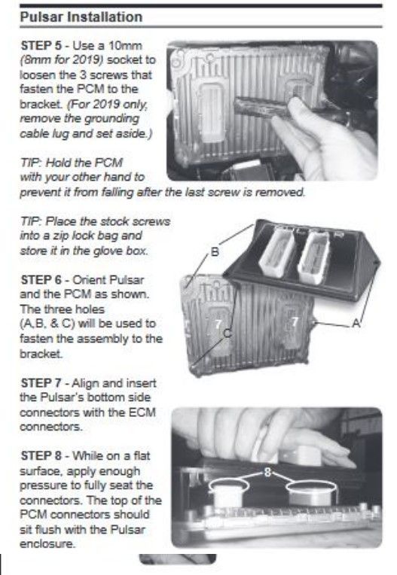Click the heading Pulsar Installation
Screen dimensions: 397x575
point(81,17)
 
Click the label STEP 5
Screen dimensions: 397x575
point(41,46)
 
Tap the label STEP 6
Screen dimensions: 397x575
point(41,280)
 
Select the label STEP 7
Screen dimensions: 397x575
point(41,383)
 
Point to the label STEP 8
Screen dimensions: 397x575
point(41,456)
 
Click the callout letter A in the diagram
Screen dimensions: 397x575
point(356,323)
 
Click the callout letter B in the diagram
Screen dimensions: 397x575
point(215,252)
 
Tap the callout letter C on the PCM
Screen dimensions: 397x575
point(228,333)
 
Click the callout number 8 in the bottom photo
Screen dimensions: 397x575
point(268,473)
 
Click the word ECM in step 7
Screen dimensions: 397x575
point(142,412)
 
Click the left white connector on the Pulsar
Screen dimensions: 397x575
point(276,252)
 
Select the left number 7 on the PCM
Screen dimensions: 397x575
point(218,324)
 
